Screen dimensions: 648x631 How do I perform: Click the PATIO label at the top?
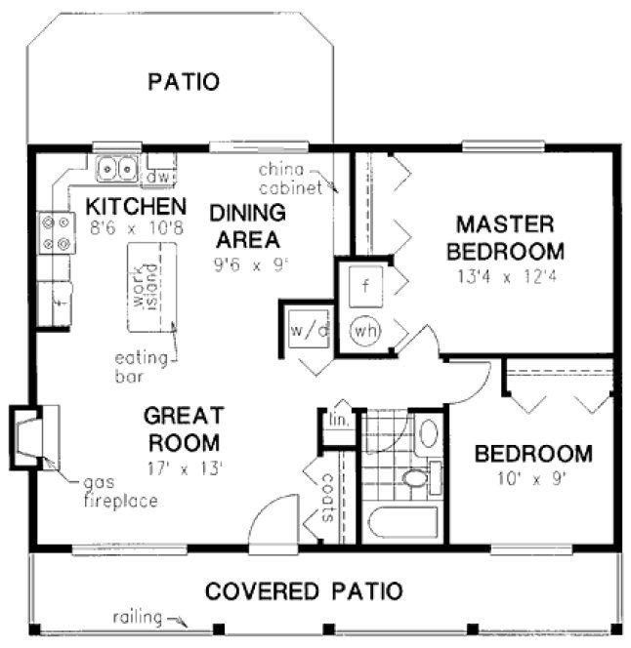(183, 81)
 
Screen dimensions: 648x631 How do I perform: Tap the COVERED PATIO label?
(304, 590)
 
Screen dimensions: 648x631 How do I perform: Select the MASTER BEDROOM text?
(505, 237)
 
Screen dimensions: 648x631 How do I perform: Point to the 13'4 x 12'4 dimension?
(505, 276)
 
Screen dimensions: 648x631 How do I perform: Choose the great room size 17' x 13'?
(184, 466)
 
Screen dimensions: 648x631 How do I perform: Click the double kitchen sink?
(118, 169)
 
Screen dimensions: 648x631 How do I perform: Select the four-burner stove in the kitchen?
(56, 233)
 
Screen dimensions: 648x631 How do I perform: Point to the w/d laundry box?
(307, 329)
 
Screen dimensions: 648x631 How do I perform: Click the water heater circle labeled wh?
(364, 329)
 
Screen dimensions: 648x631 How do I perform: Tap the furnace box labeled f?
(364, 286)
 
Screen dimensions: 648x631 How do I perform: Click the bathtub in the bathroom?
(402, 521)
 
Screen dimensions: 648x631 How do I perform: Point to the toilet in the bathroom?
(418, 478)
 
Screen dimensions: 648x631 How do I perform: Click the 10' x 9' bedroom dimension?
(532, 479)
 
